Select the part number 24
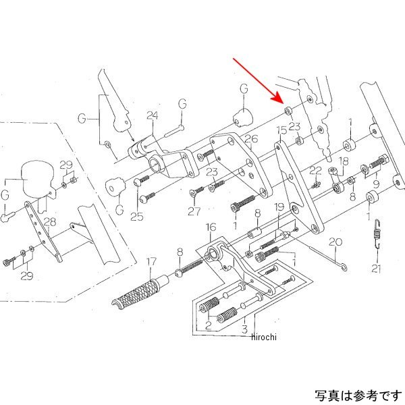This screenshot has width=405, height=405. tap(153, 115)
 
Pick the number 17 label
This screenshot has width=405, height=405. tap(152, 260)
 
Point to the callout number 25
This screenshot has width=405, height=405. tap(137, 217)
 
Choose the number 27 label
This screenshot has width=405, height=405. tap(194, 211)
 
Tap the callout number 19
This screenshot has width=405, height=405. tap(279, 207)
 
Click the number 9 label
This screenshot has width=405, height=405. tap(377, 182)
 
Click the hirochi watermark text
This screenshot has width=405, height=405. tap(265, 337)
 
